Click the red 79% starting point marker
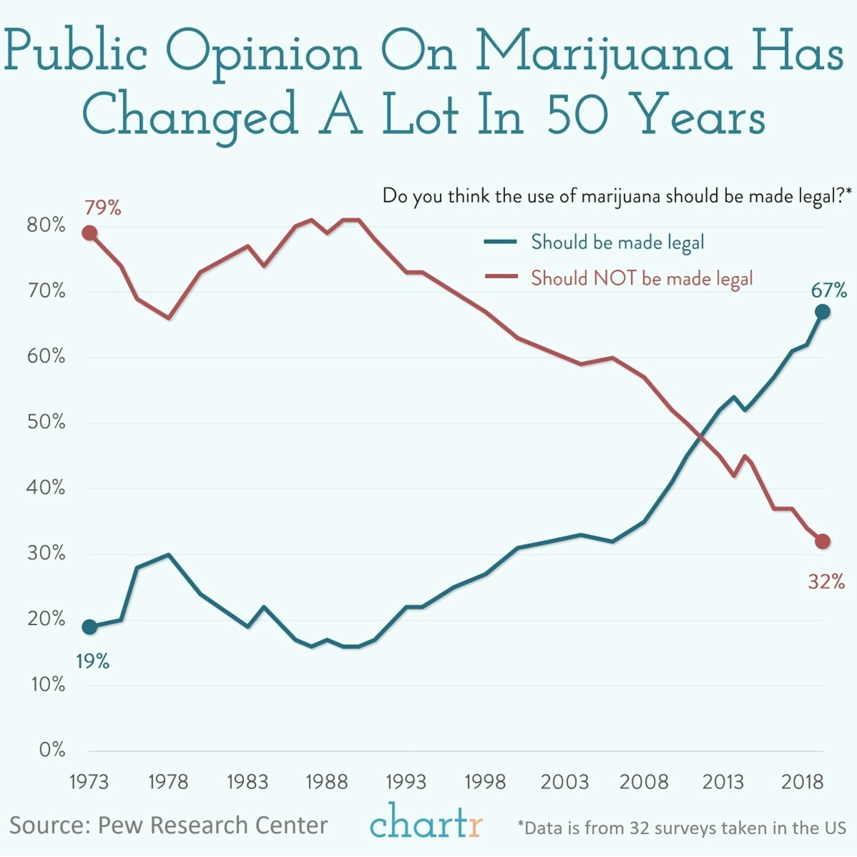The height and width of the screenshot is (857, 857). [x=89, y=233]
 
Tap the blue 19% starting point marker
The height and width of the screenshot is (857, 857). [x=89, y=627]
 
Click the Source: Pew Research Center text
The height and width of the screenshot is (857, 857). [x=168, y=825]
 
